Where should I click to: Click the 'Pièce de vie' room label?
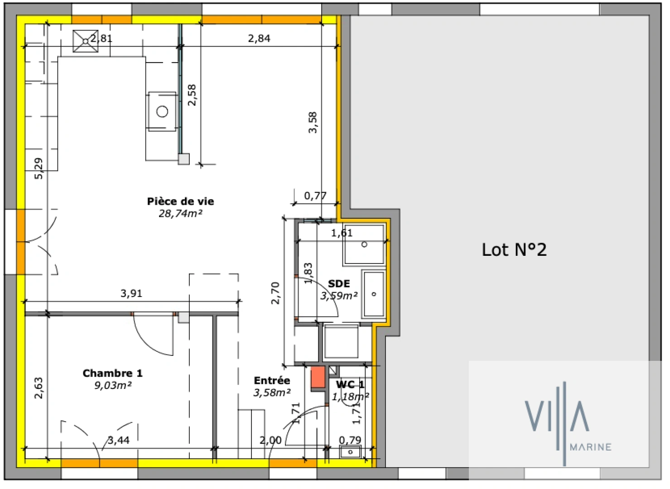(x=180, y=201)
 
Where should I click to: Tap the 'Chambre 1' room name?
(x=112, y=374)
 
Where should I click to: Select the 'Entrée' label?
(x=272, y=381)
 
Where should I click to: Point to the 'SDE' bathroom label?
(x=339, y=284)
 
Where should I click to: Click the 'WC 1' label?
(x=350, y=385)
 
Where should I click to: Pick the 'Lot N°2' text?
(x=514, y=250)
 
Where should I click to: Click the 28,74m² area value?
(x=180, y=214)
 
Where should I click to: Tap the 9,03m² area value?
(x=113, y=386)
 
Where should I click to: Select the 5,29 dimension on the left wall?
(x=39, y=168)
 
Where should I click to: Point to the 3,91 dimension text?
(x=131, y=293)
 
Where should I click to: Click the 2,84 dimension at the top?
(x=259, y=38)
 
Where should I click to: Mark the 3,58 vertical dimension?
(x=313, y=122)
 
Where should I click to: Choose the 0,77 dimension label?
(x=315, y=196)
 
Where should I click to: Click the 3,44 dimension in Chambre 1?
(x=119, y=440)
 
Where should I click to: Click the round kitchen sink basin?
(x=162, y=111)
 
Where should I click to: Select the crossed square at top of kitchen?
(x=86, y=41)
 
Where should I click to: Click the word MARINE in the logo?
(x=591, y=447)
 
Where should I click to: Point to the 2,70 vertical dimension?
(x=275, y=293)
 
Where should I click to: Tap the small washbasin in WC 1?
(x=350, y=452)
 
